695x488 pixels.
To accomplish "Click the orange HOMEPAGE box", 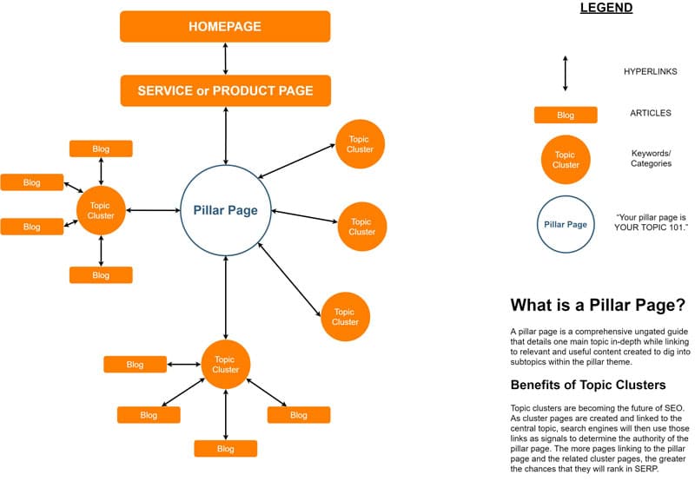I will [x=225, y=26].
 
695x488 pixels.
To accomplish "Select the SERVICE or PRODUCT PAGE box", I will [x=225, y=90].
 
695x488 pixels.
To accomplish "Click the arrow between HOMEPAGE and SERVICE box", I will [x=226, y=58].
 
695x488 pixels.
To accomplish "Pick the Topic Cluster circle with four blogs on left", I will [x=102, y=210].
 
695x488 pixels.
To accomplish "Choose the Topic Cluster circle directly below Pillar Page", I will [x=226, y=364].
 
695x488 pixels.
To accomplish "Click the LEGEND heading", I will [x=606, y=9].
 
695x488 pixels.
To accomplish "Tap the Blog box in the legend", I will [x=566, y=115].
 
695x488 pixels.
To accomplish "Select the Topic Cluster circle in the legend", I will [x=566, y=160].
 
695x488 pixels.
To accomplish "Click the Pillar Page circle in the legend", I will [x=566, y=224].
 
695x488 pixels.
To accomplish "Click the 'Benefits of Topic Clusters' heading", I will [x=588, y=385].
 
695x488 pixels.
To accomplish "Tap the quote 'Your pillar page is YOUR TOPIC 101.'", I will [x=651, y=222].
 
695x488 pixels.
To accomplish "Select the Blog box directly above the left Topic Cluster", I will [x=101, y=148].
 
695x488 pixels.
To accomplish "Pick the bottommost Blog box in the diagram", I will [x=226, y=449].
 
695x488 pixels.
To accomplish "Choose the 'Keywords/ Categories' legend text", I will [x=651, y=158].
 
